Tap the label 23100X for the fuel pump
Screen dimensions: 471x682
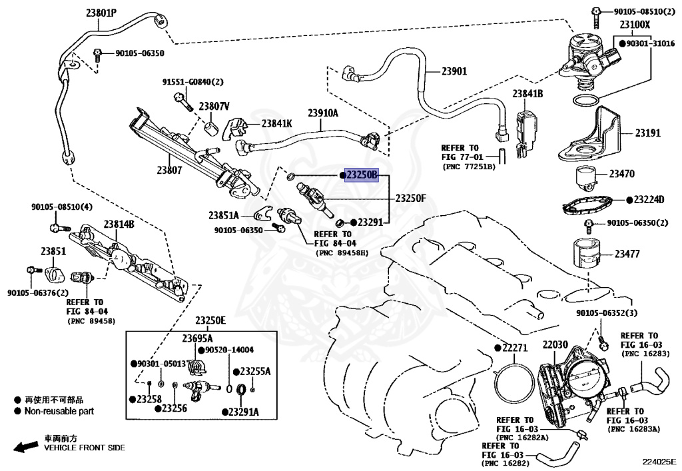(635, 25)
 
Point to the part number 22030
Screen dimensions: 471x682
(555, 345)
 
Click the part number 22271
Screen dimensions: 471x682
(514, 348)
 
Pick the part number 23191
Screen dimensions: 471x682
(647, 133)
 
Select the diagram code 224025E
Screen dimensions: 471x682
(659, 461)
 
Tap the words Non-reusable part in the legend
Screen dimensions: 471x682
(59, 411)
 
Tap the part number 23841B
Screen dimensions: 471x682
(527, 95)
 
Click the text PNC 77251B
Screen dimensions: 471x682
(469, 166)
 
